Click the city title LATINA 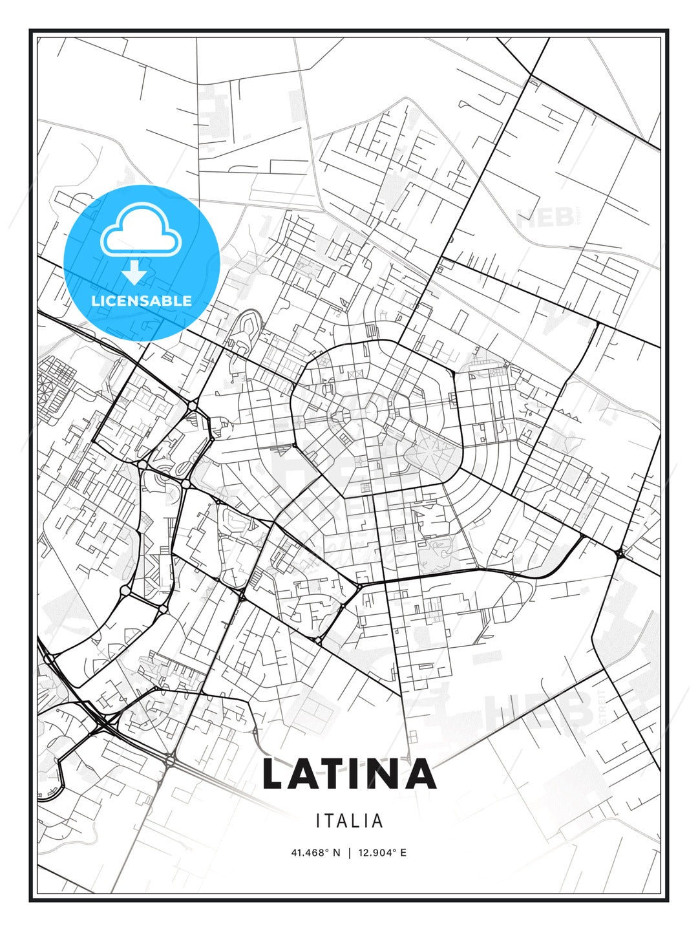pos(349,774)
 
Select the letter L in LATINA pos(274,774)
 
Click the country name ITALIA pos(349,820)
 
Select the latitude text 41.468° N pos(315,853)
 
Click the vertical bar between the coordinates pos(349,853)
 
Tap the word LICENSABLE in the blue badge pos(142,301)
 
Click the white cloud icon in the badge pos(141,231)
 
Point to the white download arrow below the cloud pos(134,273)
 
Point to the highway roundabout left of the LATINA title pos(170,761)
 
